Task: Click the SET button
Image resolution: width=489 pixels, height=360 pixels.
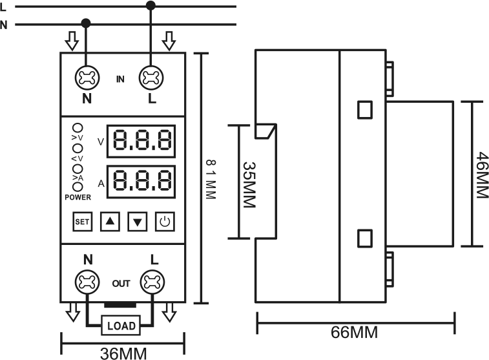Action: click(x=82, y=222)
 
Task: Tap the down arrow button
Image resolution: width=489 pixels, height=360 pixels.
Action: click(x=138, y=222)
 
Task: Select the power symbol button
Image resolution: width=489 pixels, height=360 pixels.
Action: click(x=165, y=222)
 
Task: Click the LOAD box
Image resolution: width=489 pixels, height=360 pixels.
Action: click(x=121, y=325)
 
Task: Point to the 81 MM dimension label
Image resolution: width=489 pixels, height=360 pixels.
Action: click(x=211, y=179)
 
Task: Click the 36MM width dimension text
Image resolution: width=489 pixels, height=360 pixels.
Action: click(x=123, y=354)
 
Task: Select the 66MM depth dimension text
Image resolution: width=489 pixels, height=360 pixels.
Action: click(x=354, y=332)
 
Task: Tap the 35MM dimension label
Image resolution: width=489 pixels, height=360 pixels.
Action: click(x=249, y=185)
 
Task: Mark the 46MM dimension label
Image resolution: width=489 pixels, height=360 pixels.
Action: click(x=482, y=175)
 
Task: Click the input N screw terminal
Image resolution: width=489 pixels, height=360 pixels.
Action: click(x=87, y=78)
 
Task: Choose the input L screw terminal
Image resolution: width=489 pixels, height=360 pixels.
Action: click(x=151, y=78)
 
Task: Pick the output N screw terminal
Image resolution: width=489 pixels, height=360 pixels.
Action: click(x=87, y=282)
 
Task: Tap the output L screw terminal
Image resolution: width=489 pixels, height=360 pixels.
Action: click(x=152, y=282)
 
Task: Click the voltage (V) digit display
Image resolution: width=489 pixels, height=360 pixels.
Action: click(x=141, y=142)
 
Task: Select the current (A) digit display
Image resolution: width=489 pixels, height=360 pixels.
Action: click(x=141, y=182)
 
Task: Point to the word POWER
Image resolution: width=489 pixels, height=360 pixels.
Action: click(x=78, y=197)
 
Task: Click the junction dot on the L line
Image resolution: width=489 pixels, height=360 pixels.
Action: click(x=151, y=5)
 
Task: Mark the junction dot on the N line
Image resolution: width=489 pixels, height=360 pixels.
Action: click(x=86, y=23)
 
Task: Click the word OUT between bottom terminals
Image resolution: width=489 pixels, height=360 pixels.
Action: click(x=121, y=284)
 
